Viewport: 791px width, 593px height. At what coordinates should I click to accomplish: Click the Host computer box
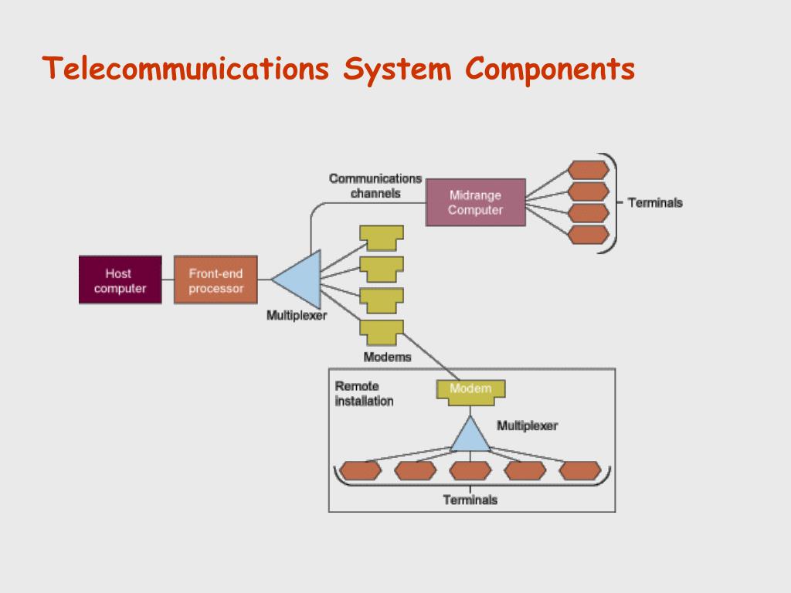(120, 280)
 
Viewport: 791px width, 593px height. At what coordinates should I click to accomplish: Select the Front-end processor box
(216, 280)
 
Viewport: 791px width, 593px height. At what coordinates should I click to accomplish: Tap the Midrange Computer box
(476, 202)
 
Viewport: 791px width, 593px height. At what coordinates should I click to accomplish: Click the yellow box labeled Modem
(470, 391)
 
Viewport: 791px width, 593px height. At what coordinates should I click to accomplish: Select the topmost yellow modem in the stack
(382, 238)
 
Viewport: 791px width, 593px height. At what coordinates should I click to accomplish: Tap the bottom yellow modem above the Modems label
(382, 332)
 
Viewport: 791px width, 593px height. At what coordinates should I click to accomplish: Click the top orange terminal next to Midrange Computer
(588, 170)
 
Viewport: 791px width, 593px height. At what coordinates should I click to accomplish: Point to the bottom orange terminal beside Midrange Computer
(588, 235)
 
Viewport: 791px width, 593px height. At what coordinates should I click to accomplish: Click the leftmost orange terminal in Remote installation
(361, 470)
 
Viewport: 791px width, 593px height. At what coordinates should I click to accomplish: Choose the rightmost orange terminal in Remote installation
(580, 470)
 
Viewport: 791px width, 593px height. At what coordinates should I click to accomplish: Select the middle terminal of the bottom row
(470, 470)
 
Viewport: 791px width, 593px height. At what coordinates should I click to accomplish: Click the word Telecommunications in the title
(185, 68)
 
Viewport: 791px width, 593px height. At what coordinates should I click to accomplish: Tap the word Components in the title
(550, 69)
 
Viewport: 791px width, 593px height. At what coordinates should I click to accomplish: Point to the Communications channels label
(375, 185)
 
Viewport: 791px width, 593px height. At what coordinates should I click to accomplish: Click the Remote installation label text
(365, 393)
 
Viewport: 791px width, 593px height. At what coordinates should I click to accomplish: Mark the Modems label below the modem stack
(388, 357)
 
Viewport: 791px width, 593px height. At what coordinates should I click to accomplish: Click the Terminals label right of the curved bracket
(655, 203)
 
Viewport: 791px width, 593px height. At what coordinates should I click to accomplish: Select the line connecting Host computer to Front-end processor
(168, 280)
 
